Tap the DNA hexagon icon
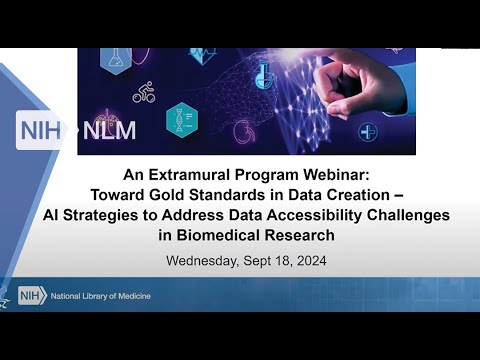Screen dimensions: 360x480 coord(182,119)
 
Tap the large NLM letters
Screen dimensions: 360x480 coord(110,130)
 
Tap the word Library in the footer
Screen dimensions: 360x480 coord(108,296)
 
